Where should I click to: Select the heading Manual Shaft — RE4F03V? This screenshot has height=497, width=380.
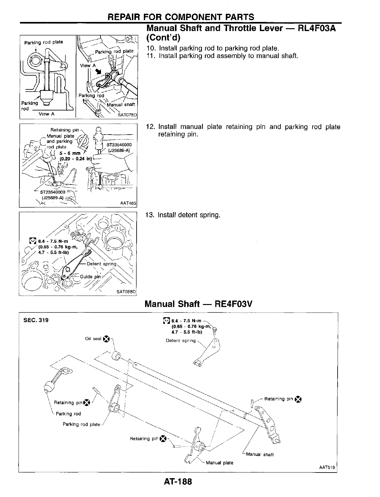click(x=198, y=304)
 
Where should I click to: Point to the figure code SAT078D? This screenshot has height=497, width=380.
click(x=127, y=115)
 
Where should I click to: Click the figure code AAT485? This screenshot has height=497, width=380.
click(x=128, y=203)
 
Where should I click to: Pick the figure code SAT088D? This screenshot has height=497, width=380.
click(x=127, y=291)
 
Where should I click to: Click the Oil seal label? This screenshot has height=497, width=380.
click(x=93, y=339)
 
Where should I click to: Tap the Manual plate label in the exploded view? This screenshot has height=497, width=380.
click(x=220, y=462)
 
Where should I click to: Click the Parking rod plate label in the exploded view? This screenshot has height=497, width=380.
click(x=81, y=424)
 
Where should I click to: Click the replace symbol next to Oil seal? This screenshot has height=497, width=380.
click(x=106, y=339)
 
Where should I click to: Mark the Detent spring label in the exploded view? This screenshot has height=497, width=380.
click(x=181, y=340)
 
